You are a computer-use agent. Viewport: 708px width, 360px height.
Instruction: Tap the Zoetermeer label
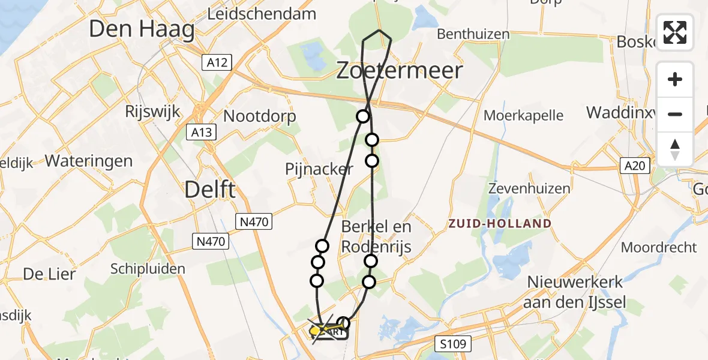[x=399, y=71]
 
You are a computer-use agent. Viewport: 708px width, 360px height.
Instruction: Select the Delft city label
[x=210, y=190]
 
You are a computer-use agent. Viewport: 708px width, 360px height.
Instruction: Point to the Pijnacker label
[x=319, y=169]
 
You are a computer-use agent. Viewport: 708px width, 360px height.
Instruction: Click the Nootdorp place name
[x=259, y=116]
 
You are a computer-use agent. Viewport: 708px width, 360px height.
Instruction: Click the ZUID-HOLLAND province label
[x=500, y=224]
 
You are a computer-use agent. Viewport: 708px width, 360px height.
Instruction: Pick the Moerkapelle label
[x=524, y=115]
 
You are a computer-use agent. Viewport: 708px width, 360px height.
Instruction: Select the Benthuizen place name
[x=474, y=34]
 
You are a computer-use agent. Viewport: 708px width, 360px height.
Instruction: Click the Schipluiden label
[x=148, y=268]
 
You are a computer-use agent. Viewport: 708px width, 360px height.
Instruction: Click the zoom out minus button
[x=675, y=114]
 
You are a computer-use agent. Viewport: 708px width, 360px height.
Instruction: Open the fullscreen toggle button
[x=675, y=32]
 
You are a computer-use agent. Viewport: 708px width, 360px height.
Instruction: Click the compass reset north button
[x=675, y=149]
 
